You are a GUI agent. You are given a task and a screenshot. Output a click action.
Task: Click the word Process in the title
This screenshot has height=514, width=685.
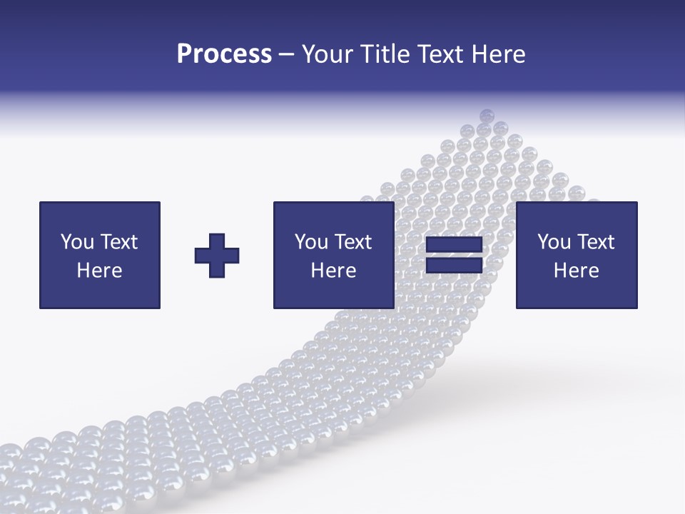[x=224, y=54]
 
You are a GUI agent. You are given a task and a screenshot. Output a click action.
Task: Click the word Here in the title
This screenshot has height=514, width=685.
[x=499, y=54]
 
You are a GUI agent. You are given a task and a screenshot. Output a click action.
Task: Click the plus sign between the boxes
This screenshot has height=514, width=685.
[x=217, y=256]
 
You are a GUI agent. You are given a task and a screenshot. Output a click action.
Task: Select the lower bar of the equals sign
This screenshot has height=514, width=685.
[x=454, y=266]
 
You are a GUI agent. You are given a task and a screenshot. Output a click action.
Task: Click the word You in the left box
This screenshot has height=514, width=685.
[x=77, y=242]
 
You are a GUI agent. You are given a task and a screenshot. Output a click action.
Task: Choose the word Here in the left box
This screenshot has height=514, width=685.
[x=99, y=271]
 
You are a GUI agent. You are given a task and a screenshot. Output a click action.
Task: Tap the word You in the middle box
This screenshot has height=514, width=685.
[x=311, y=242]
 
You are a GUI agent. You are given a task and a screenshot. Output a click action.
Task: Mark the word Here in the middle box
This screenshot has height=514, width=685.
[x=333, y=271]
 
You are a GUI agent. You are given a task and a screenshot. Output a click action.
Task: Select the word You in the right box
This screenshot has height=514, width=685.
[x=554, y=242]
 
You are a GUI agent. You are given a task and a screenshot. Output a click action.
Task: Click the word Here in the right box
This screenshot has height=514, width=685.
[x=576, y=271]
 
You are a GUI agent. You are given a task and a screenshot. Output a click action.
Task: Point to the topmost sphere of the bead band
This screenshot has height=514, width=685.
[x=487, y=115]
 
